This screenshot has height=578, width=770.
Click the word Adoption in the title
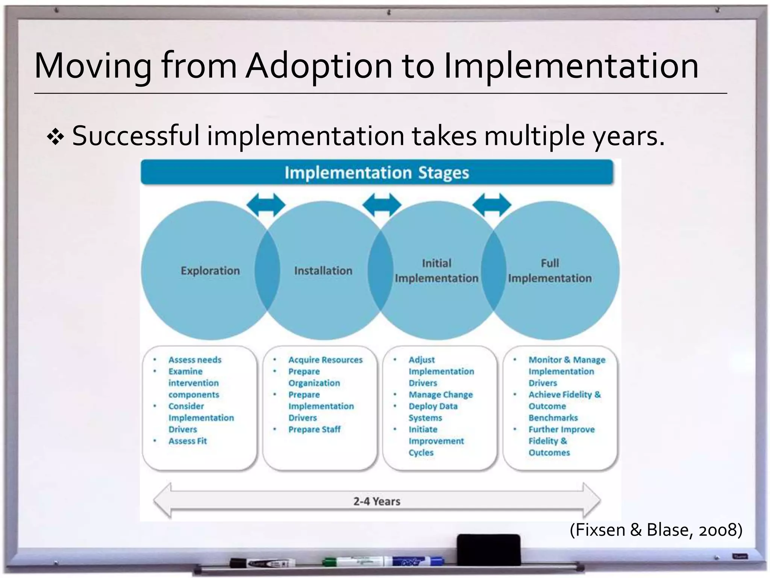pos(320,66)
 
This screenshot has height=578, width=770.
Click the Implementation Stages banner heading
pos(376,173)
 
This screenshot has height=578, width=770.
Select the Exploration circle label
pos(210,271)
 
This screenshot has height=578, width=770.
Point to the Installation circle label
pos(323,271)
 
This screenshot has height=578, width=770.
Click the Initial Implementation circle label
pos(436,271)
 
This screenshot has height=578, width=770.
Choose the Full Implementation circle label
pos(549,271)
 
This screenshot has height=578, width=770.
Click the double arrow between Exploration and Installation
pos(266,205)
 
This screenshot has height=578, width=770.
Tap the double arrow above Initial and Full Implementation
pos(491,205)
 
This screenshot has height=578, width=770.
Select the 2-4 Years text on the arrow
pos(376,501)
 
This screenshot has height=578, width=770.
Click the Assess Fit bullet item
pos(187,441)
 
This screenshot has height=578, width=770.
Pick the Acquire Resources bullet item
pos(325,360)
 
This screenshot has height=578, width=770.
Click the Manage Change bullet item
pos(441,395)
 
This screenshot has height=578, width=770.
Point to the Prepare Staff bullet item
pos(314,429)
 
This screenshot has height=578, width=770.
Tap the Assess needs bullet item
pos(195,360)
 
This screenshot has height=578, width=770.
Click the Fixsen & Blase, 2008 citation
pos(656,530)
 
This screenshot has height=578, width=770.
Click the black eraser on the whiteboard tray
pos(489,549)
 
